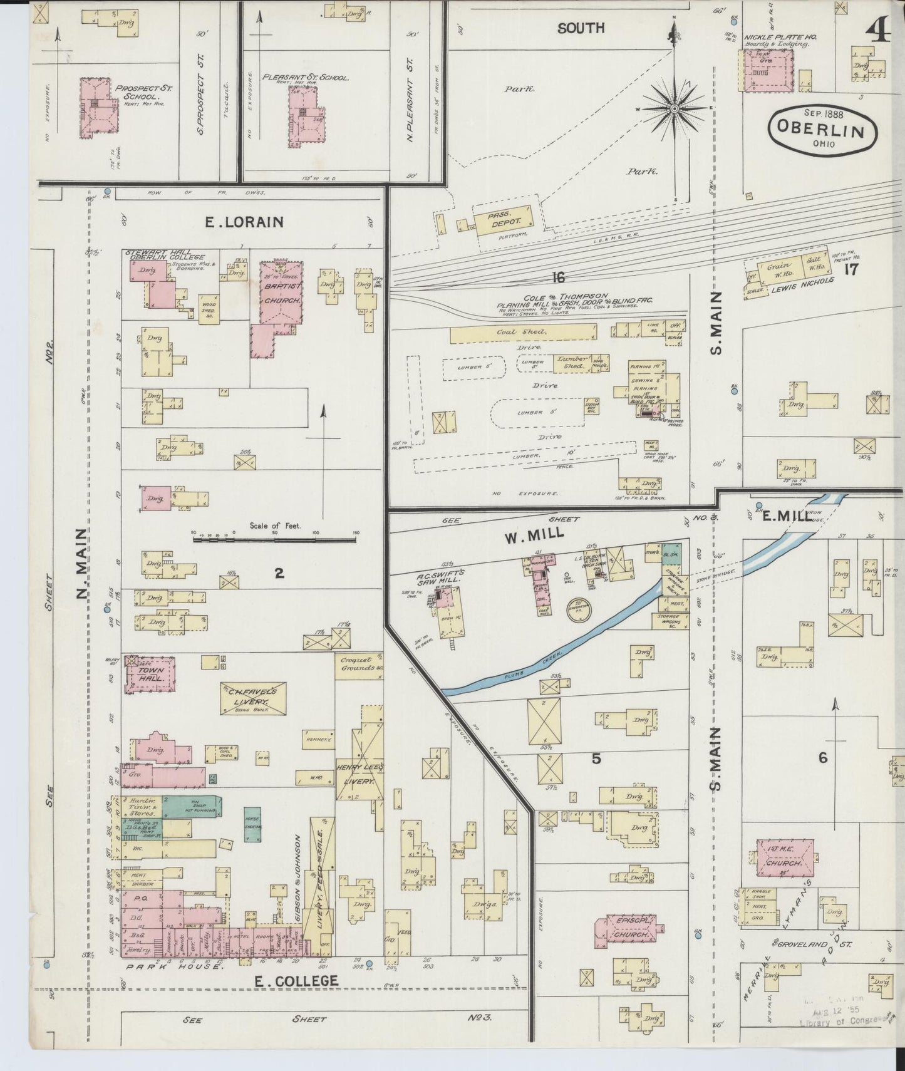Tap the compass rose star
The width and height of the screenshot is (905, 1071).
(675, 108)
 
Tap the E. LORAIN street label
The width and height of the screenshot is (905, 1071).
(244, 222)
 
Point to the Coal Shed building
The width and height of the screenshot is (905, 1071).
(522, 333)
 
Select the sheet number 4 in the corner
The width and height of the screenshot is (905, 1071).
(880, 28)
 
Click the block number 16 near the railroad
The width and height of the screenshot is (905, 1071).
(559, 277)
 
